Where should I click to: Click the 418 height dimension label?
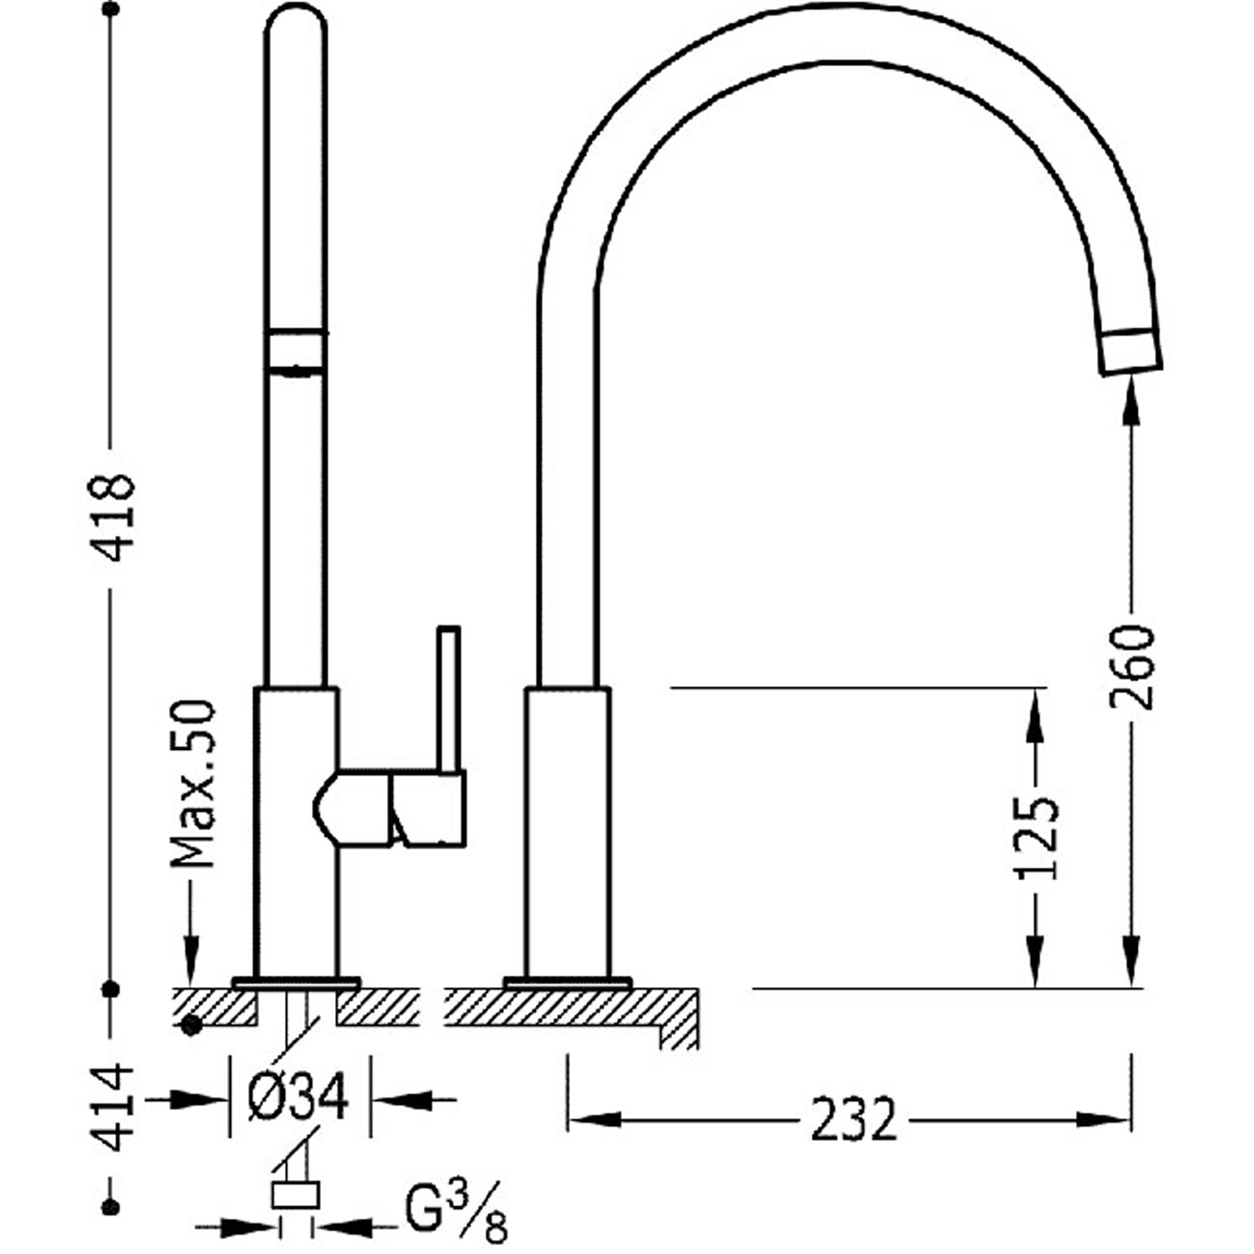(x=112, y=516)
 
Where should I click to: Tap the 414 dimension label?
(x=112, y=1107)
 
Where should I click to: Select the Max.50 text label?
(x=193, y=783)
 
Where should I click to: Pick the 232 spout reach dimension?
(x=853, y=1119)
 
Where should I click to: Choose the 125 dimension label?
(x=1037, y=838)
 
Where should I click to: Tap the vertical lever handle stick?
(x=450, y=698)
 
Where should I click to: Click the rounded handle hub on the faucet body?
(x=351, y=808)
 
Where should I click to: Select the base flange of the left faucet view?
(x=296, y=982)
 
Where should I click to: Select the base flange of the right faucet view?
(x=568, y=982)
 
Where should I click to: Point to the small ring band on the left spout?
(x=295, y=350)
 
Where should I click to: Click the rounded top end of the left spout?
(x=295, y=21)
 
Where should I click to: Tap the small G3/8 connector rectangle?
(x=296, y=1195)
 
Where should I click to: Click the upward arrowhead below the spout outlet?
(x=1131, y=401)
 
